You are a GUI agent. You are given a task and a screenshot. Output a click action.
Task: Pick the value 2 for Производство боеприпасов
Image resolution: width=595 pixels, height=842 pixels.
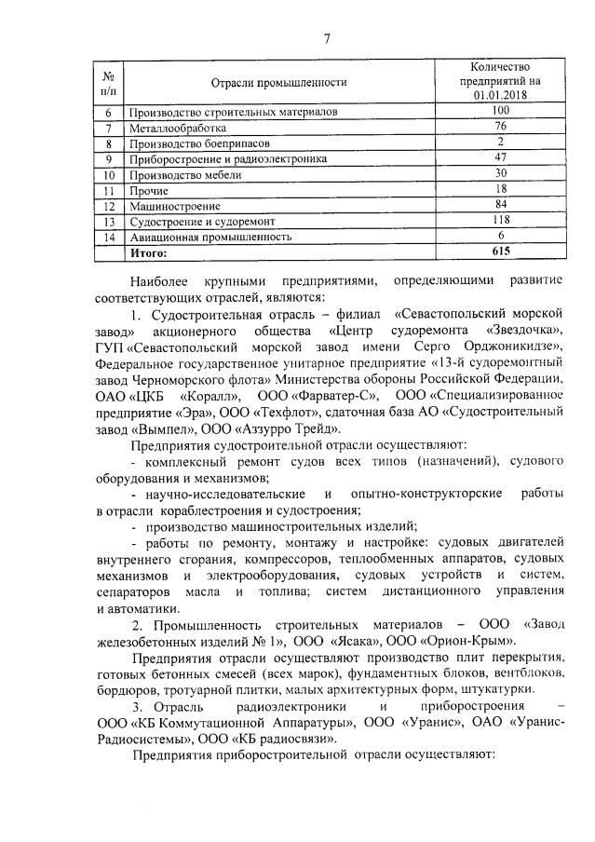click(500, 143)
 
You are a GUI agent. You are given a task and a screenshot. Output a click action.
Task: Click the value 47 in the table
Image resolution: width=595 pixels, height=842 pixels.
click(500, 158)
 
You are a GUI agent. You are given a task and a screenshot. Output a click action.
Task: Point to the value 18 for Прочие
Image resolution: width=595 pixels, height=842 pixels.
click(500, 189)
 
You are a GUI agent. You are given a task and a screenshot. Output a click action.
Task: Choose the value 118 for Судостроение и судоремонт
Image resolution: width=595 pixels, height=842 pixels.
click(500, 221)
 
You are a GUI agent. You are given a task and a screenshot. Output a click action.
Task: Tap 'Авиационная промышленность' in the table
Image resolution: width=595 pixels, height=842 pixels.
click(207, 237)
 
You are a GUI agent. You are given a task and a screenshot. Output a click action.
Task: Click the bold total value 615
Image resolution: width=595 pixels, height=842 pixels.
click(500, 252)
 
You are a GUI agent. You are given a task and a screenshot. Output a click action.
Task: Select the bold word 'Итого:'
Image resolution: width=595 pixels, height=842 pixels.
click(148, 252)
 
